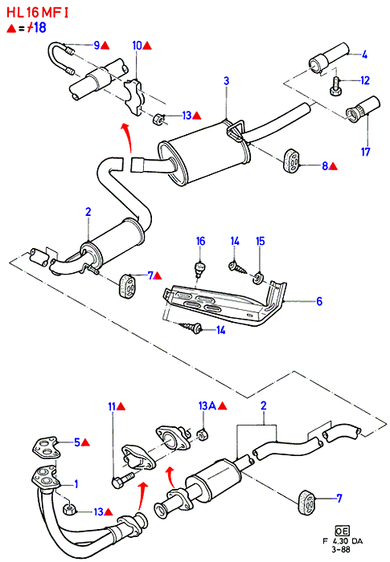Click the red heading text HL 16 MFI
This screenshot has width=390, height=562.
pos(37,14)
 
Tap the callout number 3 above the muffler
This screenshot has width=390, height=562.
pos(226,80)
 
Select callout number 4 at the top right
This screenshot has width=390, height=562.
pos(364,55)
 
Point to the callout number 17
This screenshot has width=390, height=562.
pos(365,152)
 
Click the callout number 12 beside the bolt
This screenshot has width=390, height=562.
pos(365,80)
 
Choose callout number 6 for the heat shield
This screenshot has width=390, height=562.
pos(319,301)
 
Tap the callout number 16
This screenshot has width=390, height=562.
pos(200,241)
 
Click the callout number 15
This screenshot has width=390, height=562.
pos(261,241)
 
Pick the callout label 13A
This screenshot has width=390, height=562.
pos(207,405)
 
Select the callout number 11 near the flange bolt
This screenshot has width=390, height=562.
pos(112,406)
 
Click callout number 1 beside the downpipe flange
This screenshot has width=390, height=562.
pos(76,485)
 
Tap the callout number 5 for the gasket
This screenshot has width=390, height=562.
pos(77,442)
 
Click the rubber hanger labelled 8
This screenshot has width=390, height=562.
pos(291,161)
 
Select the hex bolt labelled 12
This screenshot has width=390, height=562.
pos(336,87)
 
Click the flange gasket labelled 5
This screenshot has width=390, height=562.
pos(45,447)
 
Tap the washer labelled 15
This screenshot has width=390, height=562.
pos(257,279)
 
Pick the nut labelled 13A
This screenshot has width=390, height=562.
pos(203,435)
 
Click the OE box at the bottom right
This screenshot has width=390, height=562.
pos(342,531)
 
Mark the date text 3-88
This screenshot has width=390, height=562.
pos(341,549)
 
